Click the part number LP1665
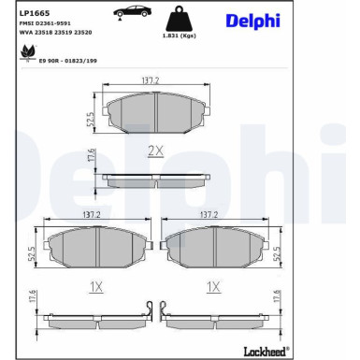[x=34, y=14]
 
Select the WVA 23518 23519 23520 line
[x=55, y=35]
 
